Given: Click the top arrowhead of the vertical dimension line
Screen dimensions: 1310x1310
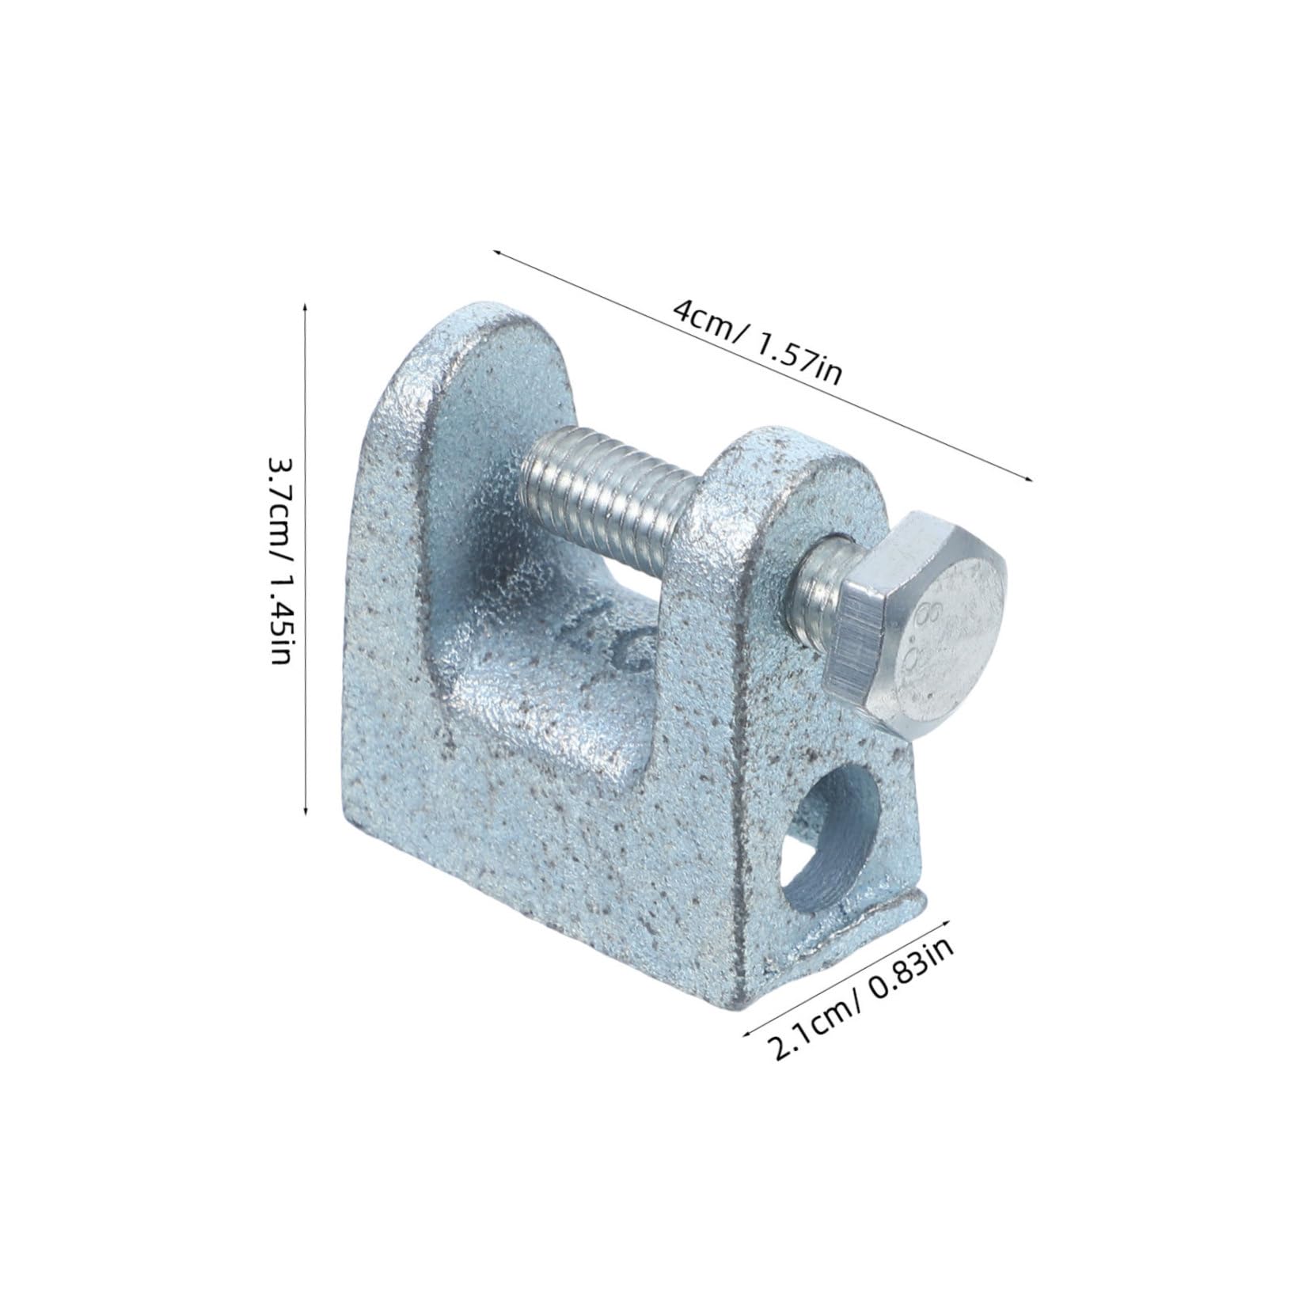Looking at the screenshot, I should [306, 303].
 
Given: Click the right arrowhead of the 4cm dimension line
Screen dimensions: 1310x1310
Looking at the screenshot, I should [1031, 477].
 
